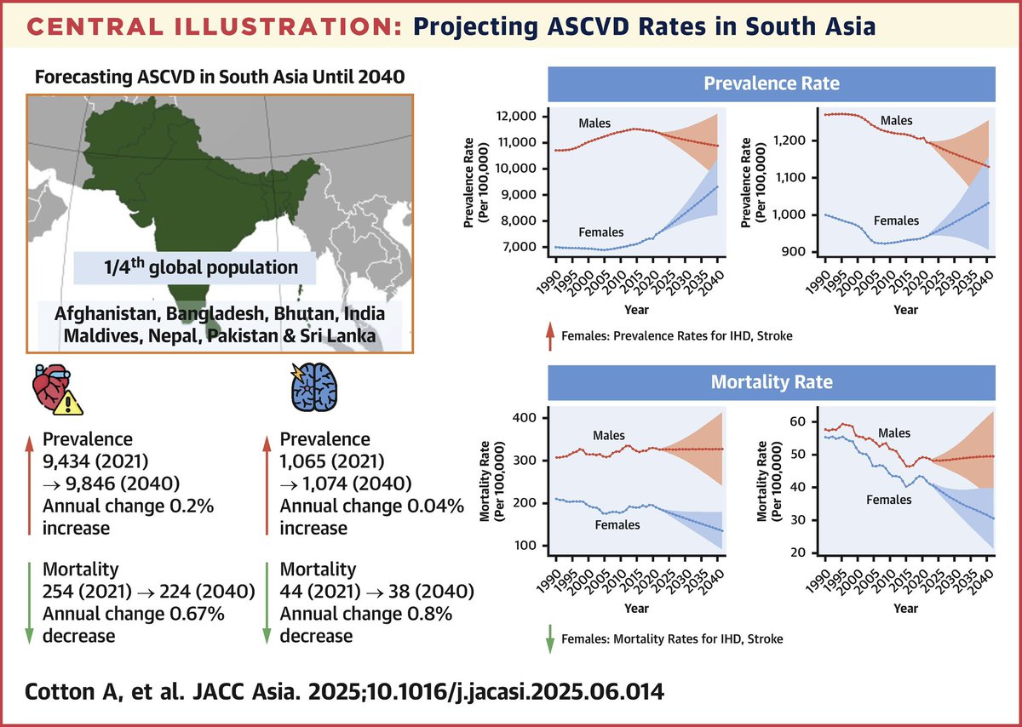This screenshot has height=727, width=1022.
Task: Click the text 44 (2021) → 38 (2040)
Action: pyautogui.click(x=365, y=592)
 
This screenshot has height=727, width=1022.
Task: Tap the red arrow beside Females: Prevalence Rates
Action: pyautogui.click(x=548, y=336)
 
